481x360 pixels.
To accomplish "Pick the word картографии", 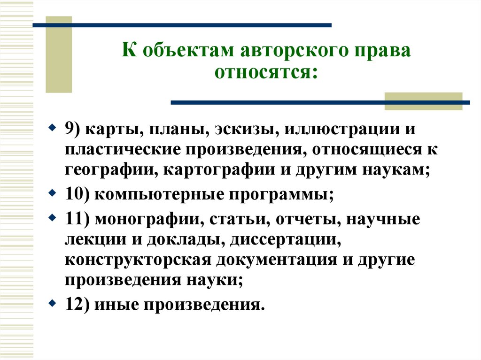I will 223,170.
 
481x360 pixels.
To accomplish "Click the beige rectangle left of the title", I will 59,54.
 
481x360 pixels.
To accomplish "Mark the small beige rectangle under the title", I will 423,101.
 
